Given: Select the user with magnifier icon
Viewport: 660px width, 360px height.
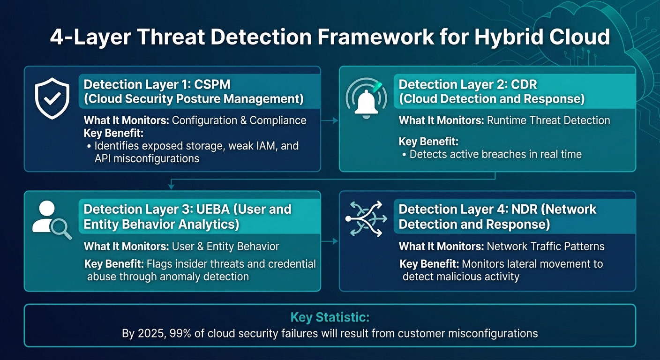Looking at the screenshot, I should point(51,220).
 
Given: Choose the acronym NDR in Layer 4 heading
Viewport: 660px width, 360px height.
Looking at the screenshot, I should point(532,209).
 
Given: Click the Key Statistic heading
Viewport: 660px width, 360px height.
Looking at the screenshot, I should point(330,317).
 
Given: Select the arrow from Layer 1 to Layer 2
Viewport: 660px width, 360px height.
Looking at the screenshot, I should point(330,120).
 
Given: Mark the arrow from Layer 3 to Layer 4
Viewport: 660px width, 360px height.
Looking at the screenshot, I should point(330,241).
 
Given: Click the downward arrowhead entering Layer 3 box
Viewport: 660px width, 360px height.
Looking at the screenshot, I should point(171,187).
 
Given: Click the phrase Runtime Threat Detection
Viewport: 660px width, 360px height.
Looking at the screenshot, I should point(548,120).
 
